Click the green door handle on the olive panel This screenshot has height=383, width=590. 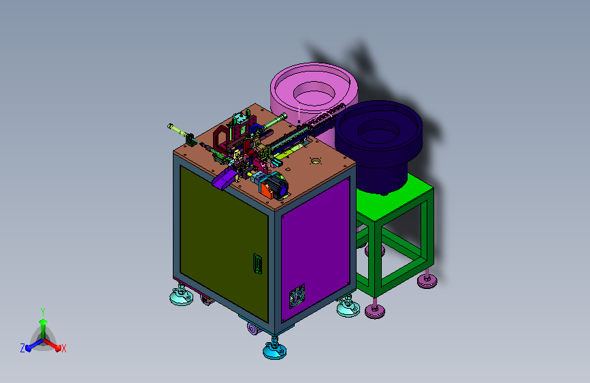click(257, 264)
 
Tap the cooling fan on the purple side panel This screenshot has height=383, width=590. click(297, 296)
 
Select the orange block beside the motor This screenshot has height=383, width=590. click(266, 190)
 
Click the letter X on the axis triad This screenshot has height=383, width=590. click(63, 348)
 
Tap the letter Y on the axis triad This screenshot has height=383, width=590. click(43, 312)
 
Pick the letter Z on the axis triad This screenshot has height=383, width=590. click(22, 348)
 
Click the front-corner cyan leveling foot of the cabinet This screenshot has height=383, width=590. click(275, 350)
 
